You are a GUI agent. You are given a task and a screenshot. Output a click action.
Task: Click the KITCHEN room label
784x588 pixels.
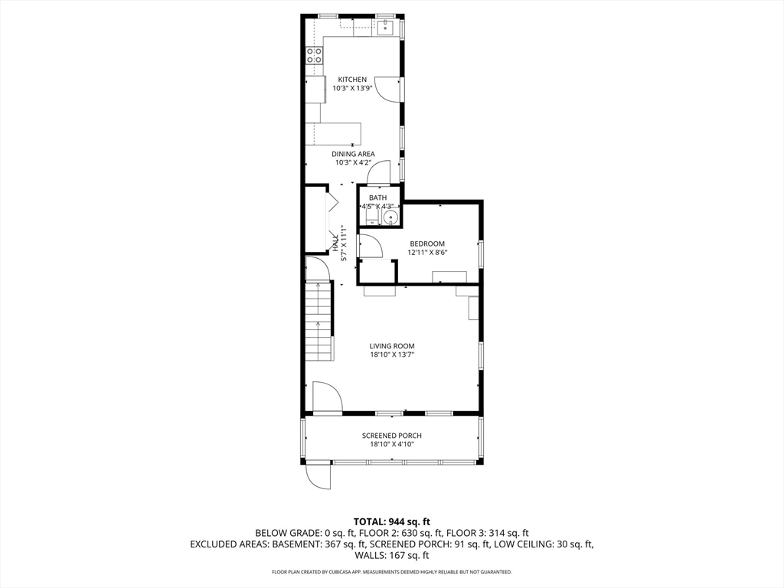pyautogui.click(x=352, y=80)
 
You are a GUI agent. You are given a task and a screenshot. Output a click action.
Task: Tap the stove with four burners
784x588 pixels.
pyautogui.click(x=314, y=54)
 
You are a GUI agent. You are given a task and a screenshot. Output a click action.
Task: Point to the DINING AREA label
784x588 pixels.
pyautogui.click(x=353, y=153)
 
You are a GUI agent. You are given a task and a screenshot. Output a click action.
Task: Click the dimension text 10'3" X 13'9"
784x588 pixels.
pyautogui.click(x=352, y=89)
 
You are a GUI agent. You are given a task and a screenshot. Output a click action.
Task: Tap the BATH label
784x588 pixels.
pyautogui.click(x=377, y=198)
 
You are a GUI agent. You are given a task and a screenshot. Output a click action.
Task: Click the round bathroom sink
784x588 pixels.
pyautogui.click(x=390, y=218)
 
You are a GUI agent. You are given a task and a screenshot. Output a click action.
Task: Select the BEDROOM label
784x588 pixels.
pyautogui.click(x=426, y=243)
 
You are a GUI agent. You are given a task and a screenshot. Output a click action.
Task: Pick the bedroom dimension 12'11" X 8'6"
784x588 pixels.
pyautogui.click(x=426, y=252)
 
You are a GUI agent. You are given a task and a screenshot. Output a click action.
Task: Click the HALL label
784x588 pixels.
pyautogui.click(x=336, y=243)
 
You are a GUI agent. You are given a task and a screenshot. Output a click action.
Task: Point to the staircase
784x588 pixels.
pyautogui.click(x=318, y=322)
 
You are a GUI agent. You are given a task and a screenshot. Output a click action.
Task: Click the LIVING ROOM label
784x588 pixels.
pyautogui.click(x=392, y=346)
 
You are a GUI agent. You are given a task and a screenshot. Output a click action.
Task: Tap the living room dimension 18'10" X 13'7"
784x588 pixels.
pyautogui.click(x=392, y=354)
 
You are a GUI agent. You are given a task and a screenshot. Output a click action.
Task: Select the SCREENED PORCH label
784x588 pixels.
pyautogui.click(x=392, y=436)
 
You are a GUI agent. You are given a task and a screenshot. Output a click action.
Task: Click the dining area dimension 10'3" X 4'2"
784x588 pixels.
pyautogui.click(x=353, y=162)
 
